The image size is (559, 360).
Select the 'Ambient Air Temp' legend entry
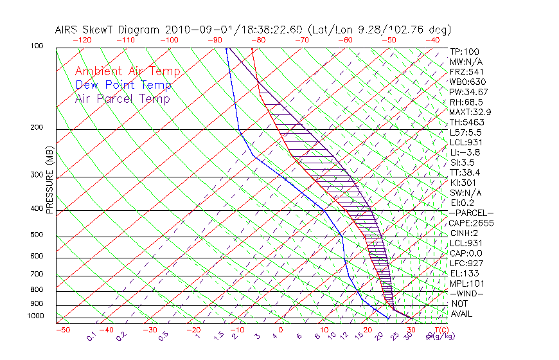click(x=127, y=71)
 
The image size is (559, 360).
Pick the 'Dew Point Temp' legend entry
click(x=123, y=85)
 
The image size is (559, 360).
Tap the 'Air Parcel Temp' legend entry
click(x=123, y=98)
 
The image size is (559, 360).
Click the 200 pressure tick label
click(x=37, y=127)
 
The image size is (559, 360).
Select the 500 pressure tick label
click(x=37, y=235)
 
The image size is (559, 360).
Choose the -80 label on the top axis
click(x=258, y=40)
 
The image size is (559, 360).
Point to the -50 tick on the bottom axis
click(x=63, y=330)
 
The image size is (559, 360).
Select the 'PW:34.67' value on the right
click(x=468, y=92)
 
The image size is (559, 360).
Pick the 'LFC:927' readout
click(x=466, y=263)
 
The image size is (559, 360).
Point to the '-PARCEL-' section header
click(x=471, y=213)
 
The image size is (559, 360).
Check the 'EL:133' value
click(x=463, y=273)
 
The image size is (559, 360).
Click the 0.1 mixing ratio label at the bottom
click(x=91, y=336)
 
